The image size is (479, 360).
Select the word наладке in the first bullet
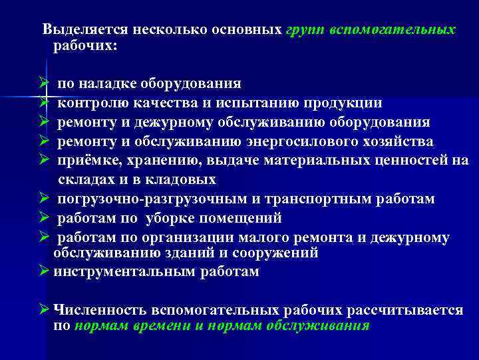click(x=108, y=84)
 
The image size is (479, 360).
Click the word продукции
click(x=344, y=103)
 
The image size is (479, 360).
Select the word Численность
click(x=100, y=310)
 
